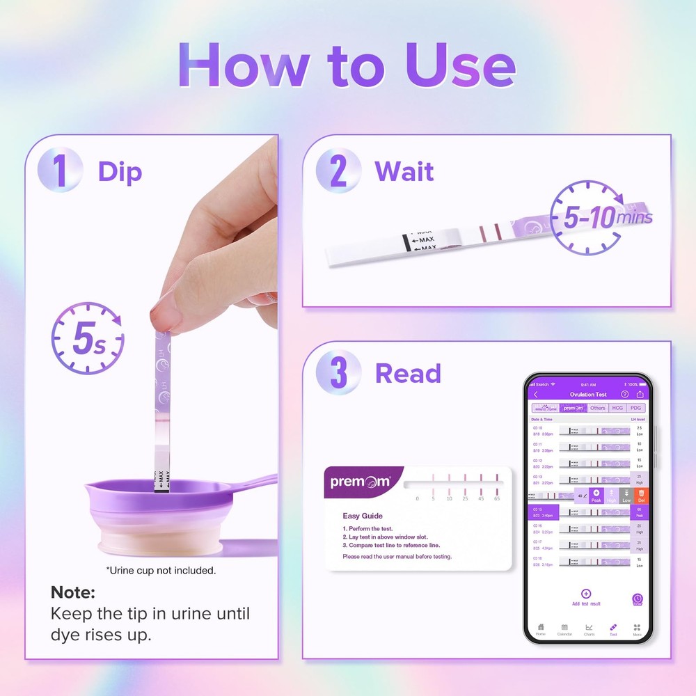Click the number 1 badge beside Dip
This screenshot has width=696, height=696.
61,171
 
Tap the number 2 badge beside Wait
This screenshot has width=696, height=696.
338,171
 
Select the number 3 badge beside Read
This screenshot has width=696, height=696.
338,373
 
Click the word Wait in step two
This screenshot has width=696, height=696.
404,171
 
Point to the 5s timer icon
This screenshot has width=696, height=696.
88,339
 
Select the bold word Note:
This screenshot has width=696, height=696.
72,593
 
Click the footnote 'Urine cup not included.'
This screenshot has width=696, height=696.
161,571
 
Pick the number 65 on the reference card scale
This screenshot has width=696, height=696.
496,498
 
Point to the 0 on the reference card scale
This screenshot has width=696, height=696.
417,498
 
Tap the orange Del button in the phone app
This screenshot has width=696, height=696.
641,496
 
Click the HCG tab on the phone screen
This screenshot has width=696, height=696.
617,408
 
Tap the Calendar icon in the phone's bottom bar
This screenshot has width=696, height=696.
564,628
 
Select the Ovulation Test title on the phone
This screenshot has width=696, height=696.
588,395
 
